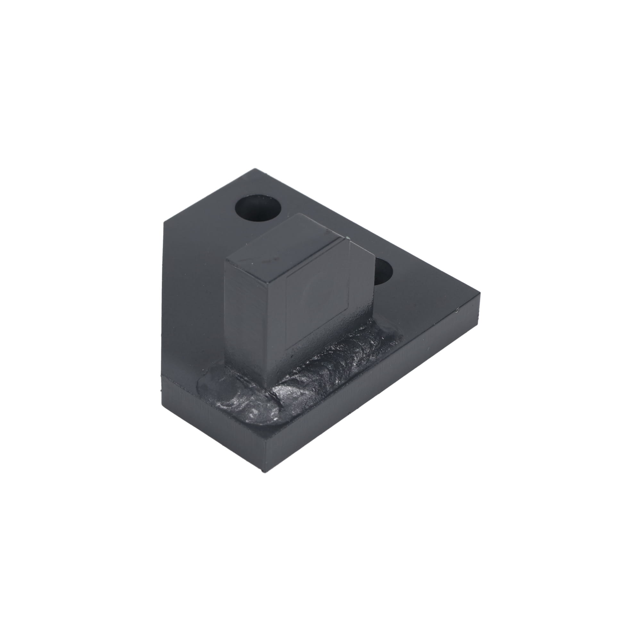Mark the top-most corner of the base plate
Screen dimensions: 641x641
pos(255,169)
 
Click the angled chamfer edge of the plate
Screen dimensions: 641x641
pos(209,196)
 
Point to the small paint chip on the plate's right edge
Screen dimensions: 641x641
pos(457,311)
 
